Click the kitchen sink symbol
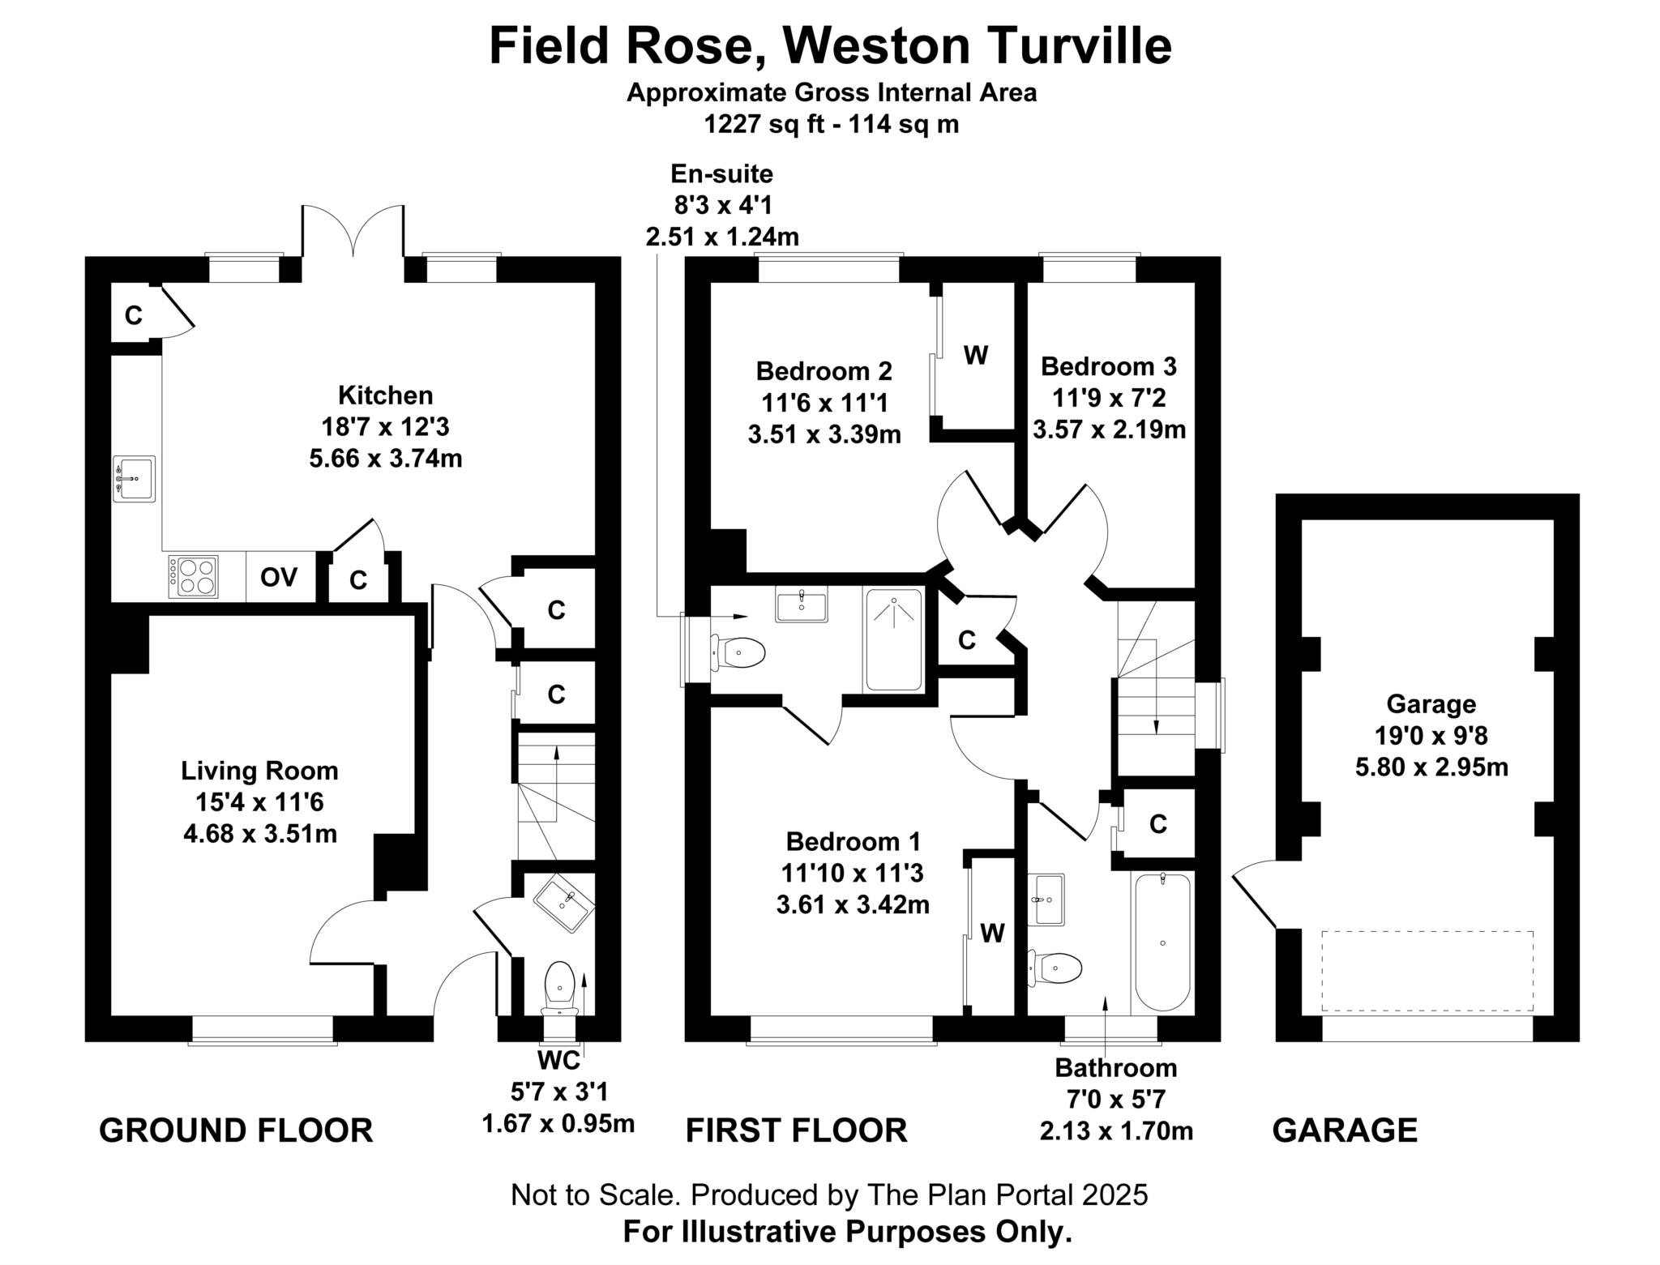pos(134,479)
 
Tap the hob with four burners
pos(193,576)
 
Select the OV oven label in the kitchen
pos(278,578)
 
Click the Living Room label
pos(259,771)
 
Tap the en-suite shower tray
pos(893,640)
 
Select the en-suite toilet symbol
pos(740,652)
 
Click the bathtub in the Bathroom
pos(1162,942)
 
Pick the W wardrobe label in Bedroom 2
pos(976,355)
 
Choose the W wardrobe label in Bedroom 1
pos(992,934)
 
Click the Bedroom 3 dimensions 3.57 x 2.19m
pos(1109,430)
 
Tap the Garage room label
pos(1431,703)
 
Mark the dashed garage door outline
pos(1427,971)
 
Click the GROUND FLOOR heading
pos(236,1130)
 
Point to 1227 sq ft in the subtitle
pos(757,125)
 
